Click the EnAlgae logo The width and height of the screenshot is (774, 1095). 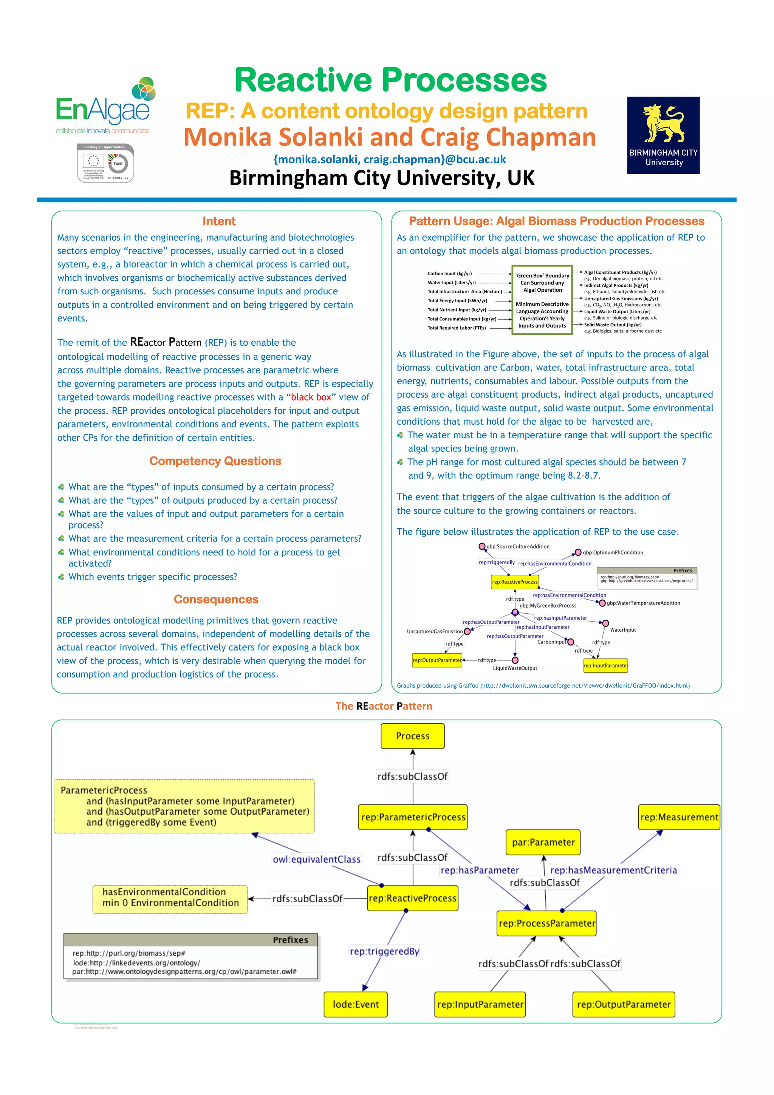(105, 106)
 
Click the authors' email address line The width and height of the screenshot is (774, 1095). (389, 159)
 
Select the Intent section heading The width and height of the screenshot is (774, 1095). (219, 221)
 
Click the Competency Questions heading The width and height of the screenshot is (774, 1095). (215, 461)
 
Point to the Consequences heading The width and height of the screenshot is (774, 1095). (215, 600)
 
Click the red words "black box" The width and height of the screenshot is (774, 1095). (311, 397)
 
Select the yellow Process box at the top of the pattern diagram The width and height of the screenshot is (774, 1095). (413, 736)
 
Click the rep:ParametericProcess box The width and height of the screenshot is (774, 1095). (413, 817)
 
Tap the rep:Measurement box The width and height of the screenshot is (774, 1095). (679, 817)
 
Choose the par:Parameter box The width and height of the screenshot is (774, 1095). (543, 842)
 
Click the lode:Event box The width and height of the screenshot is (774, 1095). (356, 1004)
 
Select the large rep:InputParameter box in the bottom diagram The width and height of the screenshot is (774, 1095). (480, 1004)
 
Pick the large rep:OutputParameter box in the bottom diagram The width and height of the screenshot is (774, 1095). (623, 1004)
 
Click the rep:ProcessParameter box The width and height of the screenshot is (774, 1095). (546, 923)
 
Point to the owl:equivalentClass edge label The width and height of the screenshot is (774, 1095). (316, 859)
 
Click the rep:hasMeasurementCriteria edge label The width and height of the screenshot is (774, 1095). (613, 870)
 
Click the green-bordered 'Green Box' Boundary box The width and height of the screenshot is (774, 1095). (542, 300)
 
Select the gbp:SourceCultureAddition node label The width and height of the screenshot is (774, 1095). (517, 546)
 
